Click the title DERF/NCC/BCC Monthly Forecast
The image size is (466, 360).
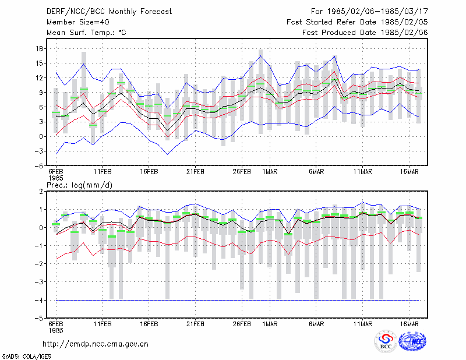(109, 12)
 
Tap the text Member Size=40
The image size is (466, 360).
(78, 22)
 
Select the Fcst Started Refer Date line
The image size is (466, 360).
(357, 22)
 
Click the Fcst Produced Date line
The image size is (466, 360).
(365, 33)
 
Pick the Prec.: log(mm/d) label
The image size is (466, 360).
(79, 185)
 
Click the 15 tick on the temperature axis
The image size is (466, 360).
(40, 63)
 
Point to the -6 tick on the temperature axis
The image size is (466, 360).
(38, 166)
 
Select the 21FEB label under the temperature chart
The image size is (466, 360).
(195, 172)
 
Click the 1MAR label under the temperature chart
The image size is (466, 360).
(270, 172)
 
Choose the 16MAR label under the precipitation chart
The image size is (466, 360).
(409, 324)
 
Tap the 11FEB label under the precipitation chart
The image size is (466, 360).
(103, 324)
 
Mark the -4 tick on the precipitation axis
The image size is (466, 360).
(38, 300)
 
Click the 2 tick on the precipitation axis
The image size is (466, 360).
(41, 192)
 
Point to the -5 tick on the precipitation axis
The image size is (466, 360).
(38, 319)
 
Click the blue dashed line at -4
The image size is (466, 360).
(238, 300)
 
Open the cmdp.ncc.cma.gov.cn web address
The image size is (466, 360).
(96, 344)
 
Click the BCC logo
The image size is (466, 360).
(386, 341)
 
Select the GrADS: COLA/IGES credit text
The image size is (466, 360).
(26, 357)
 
